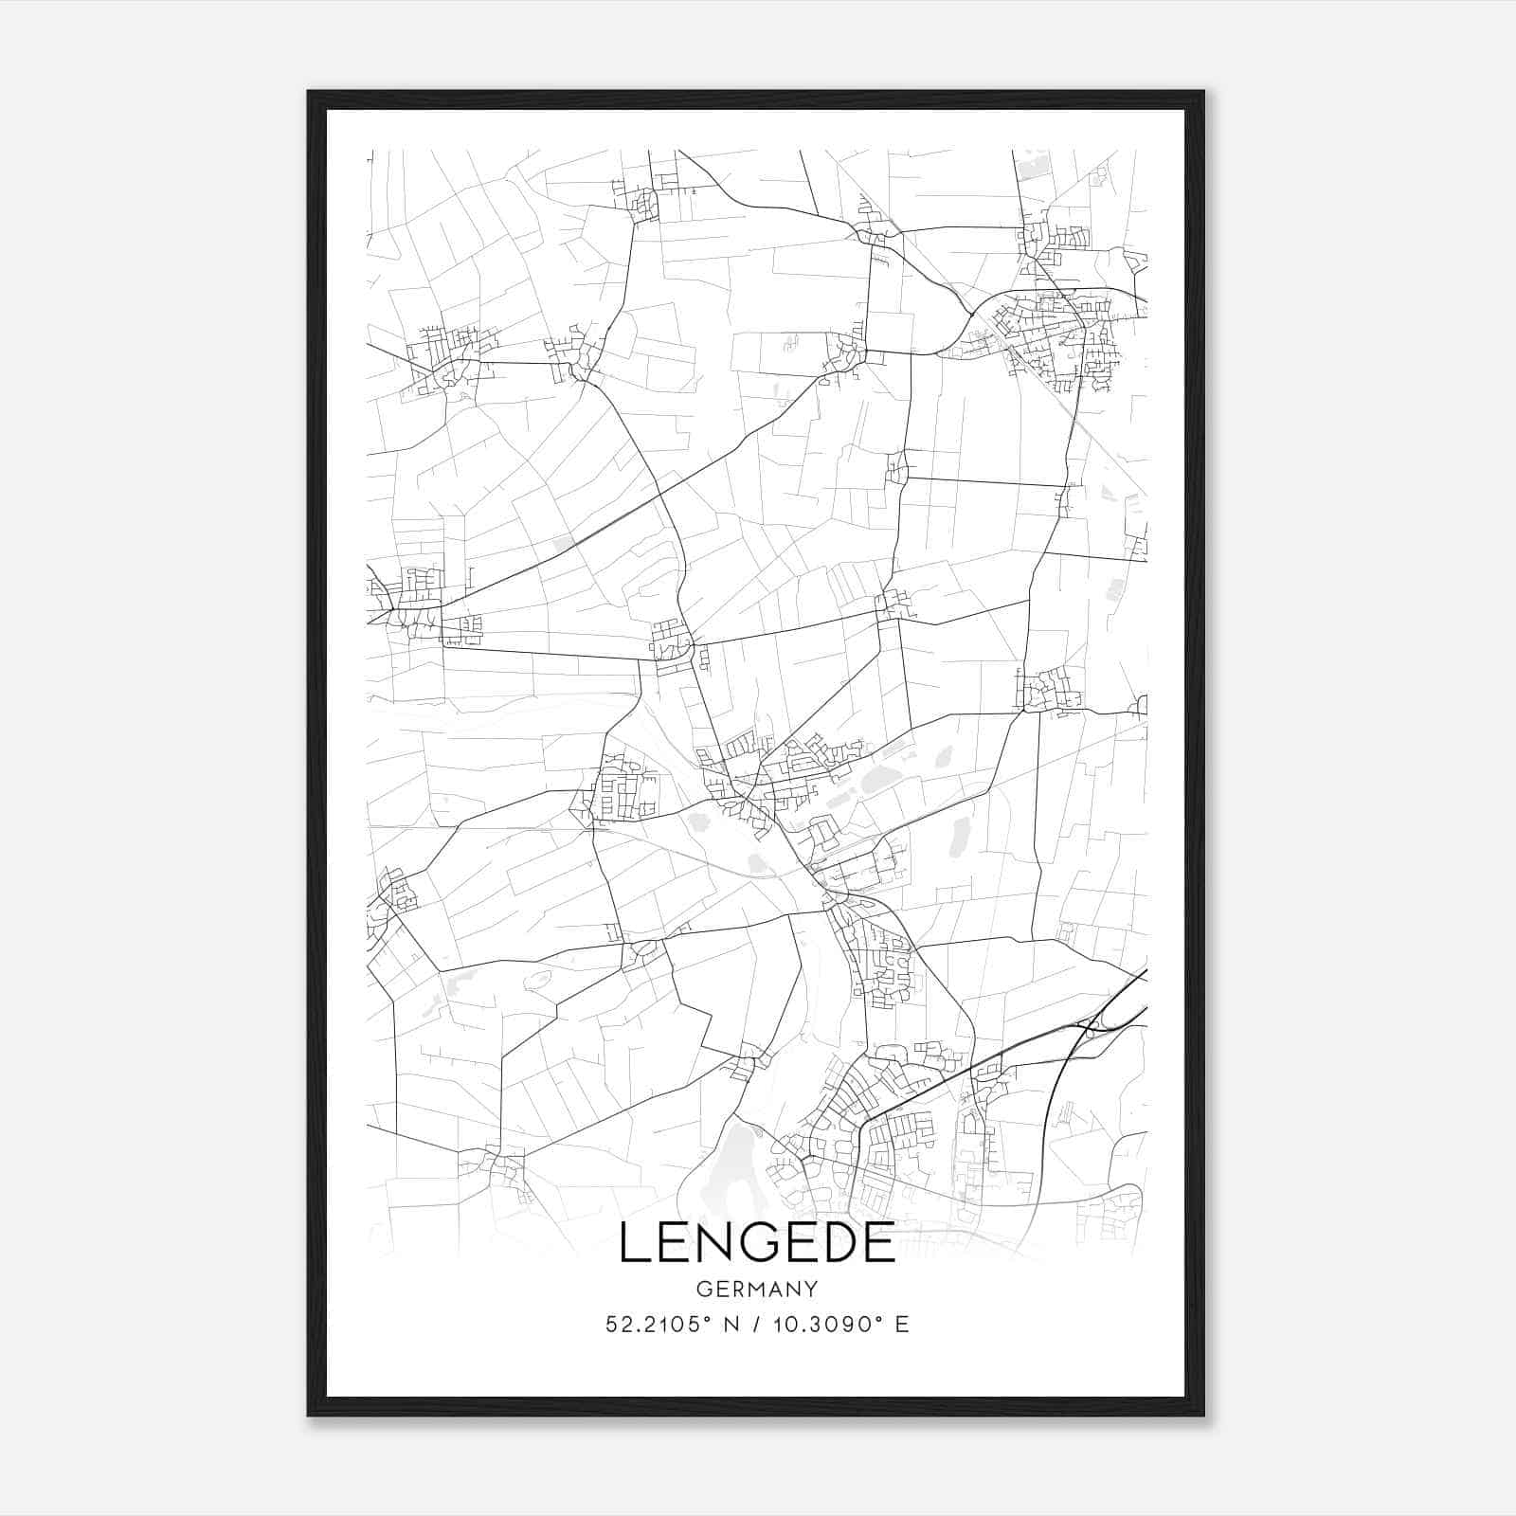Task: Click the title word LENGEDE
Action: pyautogui.click(x=757, y=1243)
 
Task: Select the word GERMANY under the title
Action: pyautogui.click(x=757, y=1289)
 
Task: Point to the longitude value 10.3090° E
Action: pyautogui.click(x=838, y=1324)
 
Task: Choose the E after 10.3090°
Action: pyautogui.click(x=902, y=1324)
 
